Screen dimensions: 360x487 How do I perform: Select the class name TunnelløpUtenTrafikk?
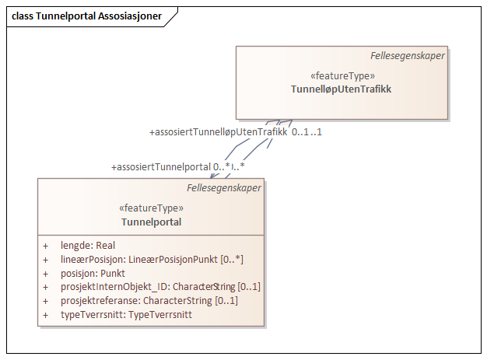pos(342,89)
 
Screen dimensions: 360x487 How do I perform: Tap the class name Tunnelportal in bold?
pos(151,222)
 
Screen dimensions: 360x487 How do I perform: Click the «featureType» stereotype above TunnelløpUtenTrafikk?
pos(342,76)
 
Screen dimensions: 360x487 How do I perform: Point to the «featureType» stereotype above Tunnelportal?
pos(151,208)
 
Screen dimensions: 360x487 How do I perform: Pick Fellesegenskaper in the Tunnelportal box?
pos(224,187)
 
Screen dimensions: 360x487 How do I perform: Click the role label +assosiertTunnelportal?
pos(161,166)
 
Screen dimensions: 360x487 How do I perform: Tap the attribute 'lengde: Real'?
pos(87,245)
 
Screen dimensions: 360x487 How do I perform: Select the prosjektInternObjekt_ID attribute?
pos(159,287)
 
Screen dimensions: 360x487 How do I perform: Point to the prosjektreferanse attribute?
pos(149,301)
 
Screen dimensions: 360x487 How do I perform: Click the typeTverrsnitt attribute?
pos(126,315)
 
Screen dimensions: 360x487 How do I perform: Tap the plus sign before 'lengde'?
pos(46,246)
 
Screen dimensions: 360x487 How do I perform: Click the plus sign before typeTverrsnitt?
pos(46,316)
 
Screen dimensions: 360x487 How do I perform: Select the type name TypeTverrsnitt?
pos(160,315)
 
